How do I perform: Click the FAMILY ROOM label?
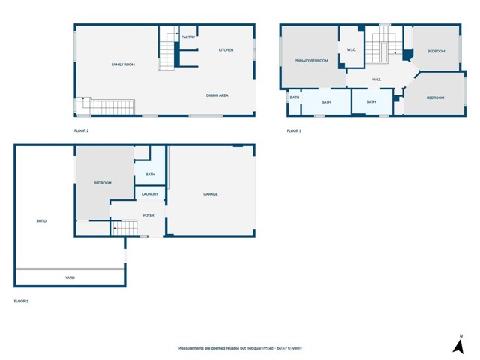tap(121, 65)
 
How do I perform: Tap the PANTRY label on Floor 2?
tap(188, 37)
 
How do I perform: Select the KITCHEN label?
tap(226, 50)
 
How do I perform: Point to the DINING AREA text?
tap(217, 95)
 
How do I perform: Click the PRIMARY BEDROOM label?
tap(311, 61)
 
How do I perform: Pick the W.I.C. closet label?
tap(351, 50)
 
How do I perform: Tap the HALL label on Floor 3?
tap(376, 79)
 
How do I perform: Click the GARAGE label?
tap(211, 194)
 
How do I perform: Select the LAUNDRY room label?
tap(150, 194)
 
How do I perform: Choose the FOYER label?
tap(148, 215)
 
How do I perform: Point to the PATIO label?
tap(42, 221)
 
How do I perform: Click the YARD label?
tap(70, 277)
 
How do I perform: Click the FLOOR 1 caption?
tap(21, 301)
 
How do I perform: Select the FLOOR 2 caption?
tap(81, 131)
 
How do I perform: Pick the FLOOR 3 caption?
tap(294, 131)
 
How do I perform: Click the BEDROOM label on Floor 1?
tap(103, 183)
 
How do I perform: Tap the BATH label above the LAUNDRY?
tap(151, 175)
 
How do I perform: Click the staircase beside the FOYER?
tap(124, 227)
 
